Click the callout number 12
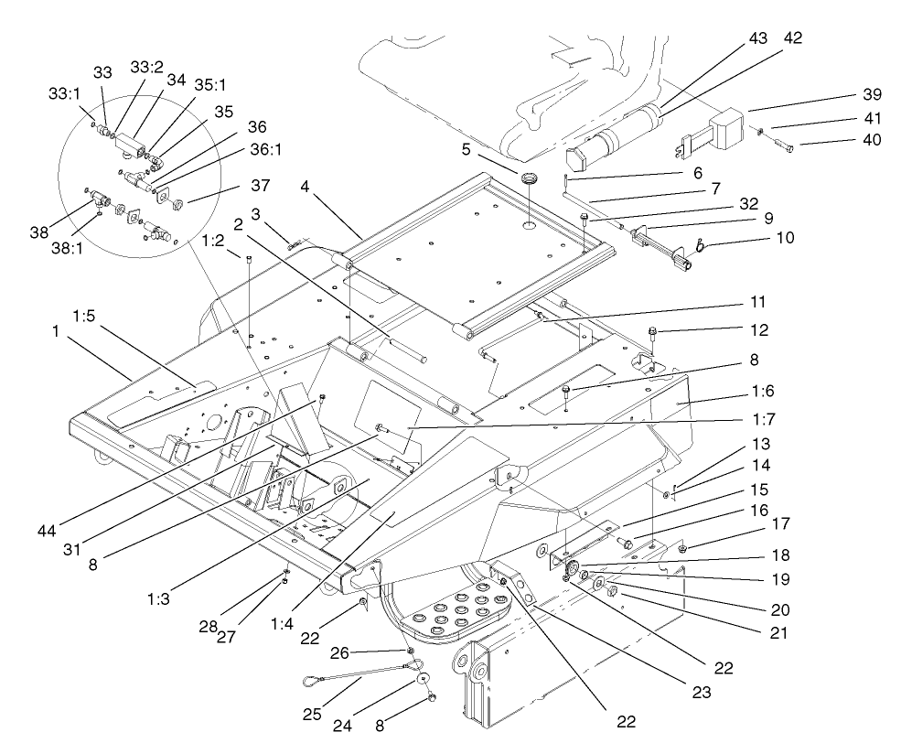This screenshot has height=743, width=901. pyautogui.click(x=760, y=329)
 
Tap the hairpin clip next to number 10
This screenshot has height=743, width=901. pyautogui.click(x=702, y=244)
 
